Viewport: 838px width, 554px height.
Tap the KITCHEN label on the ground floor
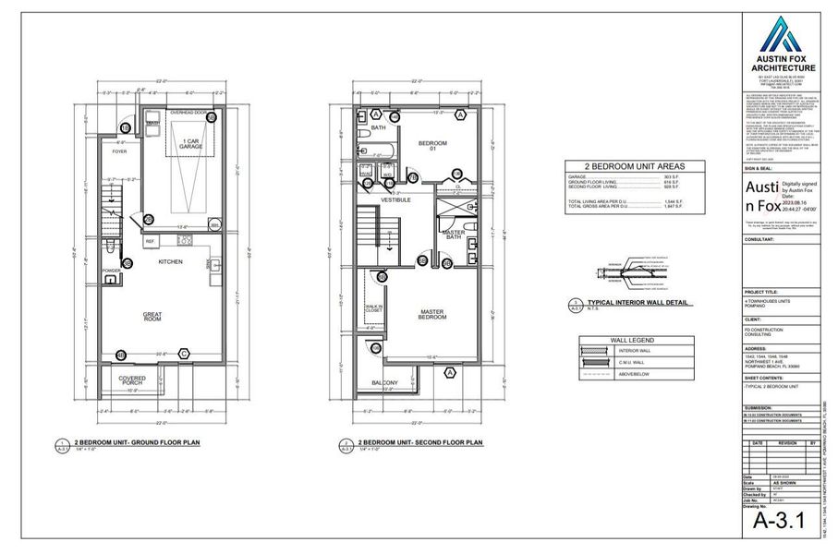point(169,262)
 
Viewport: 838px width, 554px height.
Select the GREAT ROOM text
point(153,317)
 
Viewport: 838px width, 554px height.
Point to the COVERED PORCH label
point(132,380)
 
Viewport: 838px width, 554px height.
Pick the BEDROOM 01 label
point(431,146)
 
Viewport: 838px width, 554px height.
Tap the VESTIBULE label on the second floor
point(395,199)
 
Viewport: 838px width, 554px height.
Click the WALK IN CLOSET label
point(374,308)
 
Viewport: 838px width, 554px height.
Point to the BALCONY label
point(386,383)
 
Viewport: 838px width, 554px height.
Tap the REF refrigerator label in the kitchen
point(150,242)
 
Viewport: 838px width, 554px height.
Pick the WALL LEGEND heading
point(625,340)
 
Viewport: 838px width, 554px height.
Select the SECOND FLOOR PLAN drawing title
point(420,442)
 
